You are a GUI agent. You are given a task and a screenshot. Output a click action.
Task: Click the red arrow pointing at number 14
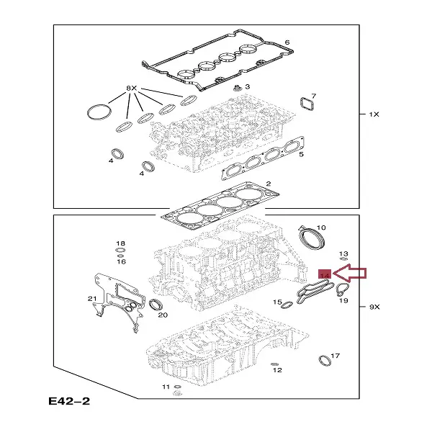(x=351, y=273)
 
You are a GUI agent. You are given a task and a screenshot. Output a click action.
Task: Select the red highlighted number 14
(x=324, y=275)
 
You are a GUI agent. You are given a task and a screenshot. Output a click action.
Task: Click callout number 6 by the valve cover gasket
(x=287, y=42)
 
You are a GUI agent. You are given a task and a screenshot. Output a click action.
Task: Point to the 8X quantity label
(x=132, y=88)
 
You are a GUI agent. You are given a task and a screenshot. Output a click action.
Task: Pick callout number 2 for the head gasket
(x=268, y=184)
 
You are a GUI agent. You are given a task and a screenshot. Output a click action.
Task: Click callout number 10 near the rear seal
(x=321, y=228)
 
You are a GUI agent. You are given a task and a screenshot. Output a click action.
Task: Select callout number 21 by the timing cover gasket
(x=91, y=299)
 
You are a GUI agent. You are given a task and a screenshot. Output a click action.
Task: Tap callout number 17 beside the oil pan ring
(x=336, y=356)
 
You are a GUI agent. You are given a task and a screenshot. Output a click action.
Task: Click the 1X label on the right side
(x=374, y=114)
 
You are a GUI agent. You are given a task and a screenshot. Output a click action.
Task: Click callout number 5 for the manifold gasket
(x=302, y=154)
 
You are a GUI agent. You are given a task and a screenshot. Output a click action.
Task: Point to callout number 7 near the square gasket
(x=312, y=96)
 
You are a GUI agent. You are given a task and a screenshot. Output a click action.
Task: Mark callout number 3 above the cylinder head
(x=248, y=86)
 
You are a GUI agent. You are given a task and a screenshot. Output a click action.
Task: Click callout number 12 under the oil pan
(x=278, y=369)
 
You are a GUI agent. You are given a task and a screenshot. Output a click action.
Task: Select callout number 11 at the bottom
(x=166, y=387)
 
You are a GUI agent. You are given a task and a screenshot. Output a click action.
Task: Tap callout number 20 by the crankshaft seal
(x=163, y=315)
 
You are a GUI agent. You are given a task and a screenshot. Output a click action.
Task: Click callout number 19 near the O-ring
(x=343, y=300)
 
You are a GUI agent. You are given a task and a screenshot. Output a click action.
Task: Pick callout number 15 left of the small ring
(x=277, y=302)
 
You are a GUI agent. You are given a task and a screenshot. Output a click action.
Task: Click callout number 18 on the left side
(x=120, y=244)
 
